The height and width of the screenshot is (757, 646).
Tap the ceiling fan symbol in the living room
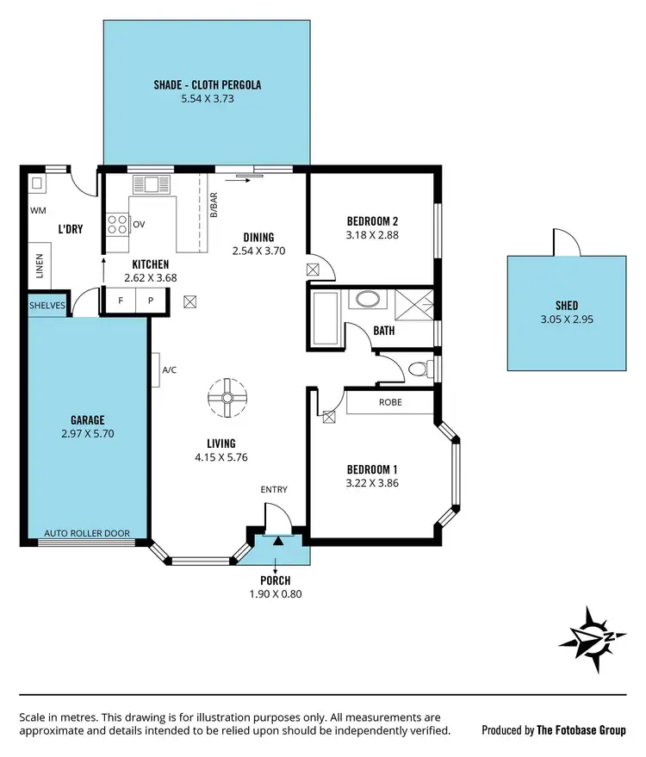[227, 397]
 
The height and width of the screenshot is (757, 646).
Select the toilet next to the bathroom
[417, 369]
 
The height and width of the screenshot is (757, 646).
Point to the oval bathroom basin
[367, 301]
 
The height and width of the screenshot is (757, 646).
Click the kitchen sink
[152, 183]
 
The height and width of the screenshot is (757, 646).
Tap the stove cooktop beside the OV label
[116, 225]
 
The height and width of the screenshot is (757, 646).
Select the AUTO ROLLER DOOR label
[86, 533]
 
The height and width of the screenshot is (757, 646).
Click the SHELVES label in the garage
[47, 305]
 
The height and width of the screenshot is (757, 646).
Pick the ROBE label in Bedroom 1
[390, 402]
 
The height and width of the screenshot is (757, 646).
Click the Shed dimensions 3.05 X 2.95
[566, 319]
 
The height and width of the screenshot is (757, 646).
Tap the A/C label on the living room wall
[170, 369]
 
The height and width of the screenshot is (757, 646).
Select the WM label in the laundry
[38, 210]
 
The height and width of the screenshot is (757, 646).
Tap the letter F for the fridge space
[120, 301]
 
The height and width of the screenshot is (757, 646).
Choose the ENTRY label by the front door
[274, 490]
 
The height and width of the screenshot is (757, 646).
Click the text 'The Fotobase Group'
[581, 730]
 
